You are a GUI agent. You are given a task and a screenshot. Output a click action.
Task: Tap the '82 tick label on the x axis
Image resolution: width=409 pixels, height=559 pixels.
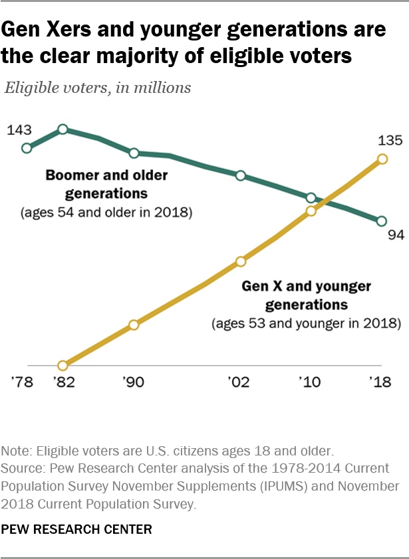(63, 383)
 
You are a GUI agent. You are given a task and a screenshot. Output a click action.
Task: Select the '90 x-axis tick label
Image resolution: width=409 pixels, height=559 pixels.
(134, 383)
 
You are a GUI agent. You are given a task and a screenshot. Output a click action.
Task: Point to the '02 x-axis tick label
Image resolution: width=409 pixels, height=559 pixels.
(240, 383)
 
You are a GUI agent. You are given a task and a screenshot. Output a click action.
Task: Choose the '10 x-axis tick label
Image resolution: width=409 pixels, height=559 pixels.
(311, 383)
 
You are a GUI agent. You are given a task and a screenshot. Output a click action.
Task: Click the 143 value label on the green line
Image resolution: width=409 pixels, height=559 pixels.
(20, 130)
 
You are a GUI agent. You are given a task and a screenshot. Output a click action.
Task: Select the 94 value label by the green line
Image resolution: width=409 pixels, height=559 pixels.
(396, 235)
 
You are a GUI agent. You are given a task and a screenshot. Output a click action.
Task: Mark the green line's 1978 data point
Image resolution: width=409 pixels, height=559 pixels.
(27, 148)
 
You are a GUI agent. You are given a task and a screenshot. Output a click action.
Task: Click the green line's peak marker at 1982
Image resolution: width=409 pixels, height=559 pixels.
(63, 129)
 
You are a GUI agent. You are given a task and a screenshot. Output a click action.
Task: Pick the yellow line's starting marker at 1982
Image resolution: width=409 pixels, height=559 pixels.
(63, 365)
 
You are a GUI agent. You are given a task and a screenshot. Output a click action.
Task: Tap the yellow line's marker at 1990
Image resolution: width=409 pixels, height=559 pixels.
(134, 325)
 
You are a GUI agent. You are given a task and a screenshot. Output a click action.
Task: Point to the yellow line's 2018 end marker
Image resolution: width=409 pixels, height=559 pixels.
(382, 159)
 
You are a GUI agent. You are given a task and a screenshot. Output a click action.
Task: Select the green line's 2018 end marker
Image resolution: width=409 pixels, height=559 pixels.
(382, 221)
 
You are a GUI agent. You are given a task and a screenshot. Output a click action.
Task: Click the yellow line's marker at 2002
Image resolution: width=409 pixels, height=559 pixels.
(241, 262)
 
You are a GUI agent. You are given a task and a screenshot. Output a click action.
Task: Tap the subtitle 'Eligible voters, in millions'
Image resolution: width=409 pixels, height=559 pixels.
(98, 88)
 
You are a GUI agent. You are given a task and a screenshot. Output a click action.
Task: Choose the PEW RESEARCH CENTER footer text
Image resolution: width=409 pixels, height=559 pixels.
(78, 529)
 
